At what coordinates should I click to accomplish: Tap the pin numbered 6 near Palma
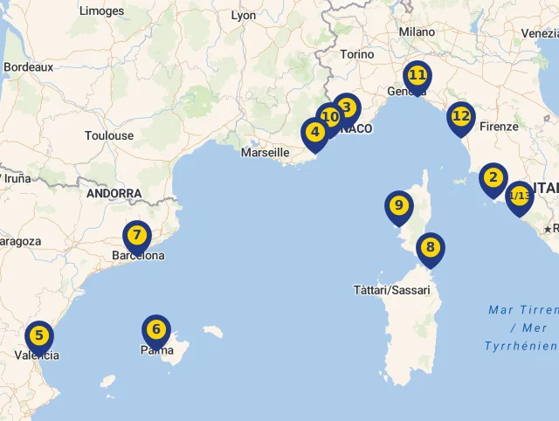[x=155, y=330]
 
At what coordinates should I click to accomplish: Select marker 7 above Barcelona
[x=136, y=236]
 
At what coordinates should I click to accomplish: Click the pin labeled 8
[x=429, y=248]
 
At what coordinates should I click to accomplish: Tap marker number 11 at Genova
[x=418, y=76]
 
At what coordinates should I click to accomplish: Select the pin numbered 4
[x=314, y=133]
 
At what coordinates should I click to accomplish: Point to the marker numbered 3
[x=348, y=107]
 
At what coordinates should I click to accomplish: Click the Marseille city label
[x=265, y=153]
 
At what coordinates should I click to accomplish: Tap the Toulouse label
[x=109, y=136]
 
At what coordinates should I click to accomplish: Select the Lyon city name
[x=244, y=16]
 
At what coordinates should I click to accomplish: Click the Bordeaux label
[x=29, y=67]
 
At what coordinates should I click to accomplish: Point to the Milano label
[x=417, y=31]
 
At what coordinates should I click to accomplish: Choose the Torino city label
[x=357, y=54]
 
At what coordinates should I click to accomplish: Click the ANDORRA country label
[x=114, y=194]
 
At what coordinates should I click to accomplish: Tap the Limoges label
[x=101, y=11]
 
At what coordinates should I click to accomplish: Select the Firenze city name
[x=499, y=127]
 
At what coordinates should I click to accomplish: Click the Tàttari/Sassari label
[x=392, y=290]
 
